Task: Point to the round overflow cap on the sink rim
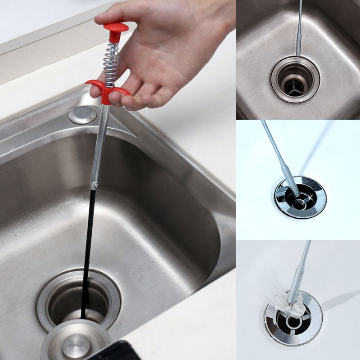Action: click(x=83, y=115)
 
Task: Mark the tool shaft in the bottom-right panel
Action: click(x=302, y=265)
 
